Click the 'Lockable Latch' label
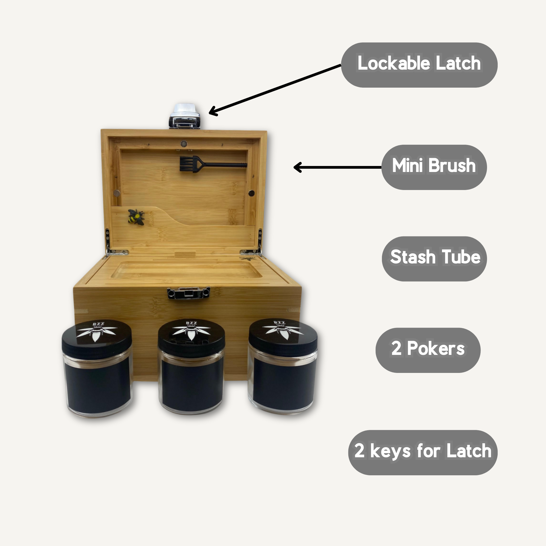(419, 65)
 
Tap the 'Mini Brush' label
(434, 167)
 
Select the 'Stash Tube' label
(434, 259)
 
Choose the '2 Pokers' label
(428, 350)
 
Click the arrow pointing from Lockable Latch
(275, 90)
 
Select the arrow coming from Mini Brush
(337, 167)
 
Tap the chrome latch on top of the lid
(185, 116)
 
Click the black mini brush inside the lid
(213, 164)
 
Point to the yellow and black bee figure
(136, 217)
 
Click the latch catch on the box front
(188, 293)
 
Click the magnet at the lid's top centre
(184, 144)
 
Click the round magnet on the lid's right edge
(251, 193)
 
